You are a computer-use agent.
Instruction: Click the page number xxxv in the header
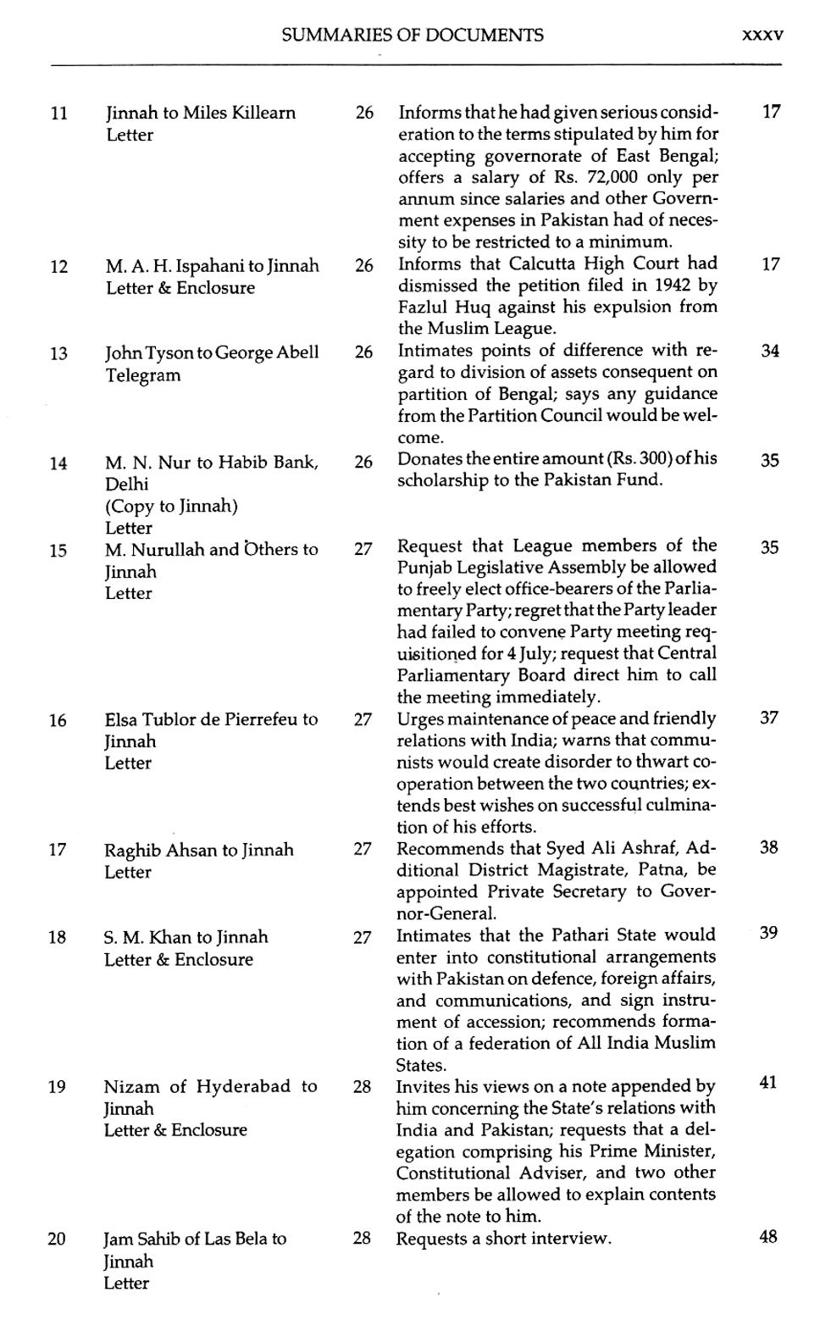pos(762,36)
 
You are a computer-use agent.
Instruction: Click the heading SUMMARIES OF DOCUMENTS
pos(412,36)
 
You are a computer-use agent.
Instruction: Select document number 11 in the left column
pos(58,114)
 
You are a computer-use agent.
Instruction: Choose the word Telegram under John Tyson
pos(143,375)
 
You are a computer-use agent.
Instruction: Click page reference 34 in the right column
pos(769,351)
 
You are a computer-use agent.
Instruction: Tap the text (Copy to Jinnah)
pos(171,507)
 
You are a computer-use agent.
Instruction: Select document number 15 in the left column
pos(58,551)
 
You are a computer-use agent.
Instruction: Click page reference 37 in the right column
pos(768,718)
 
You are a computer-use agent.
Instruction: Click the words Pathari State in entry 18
pos(607,935)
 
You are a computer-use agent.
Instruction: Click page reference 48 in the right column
pos(768,1236)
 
